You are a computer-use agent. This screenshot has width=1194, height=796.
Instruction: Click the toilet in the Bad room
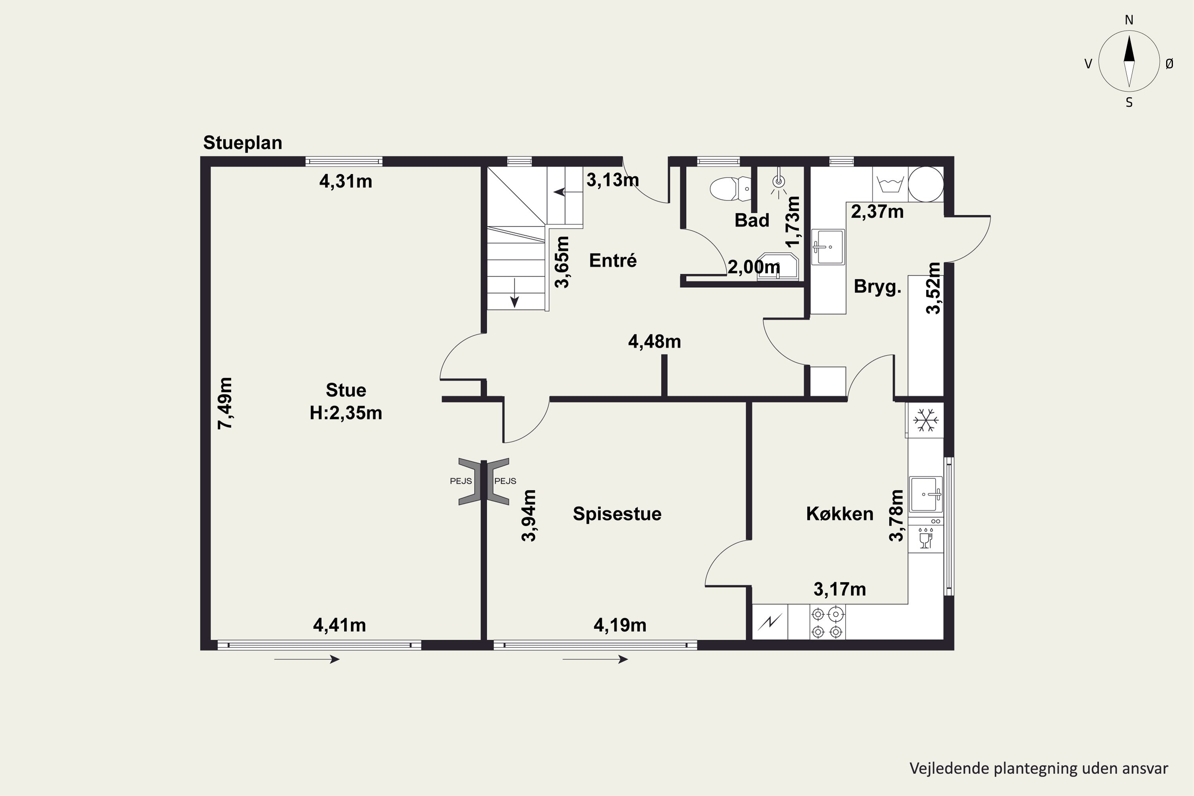coord(730,189)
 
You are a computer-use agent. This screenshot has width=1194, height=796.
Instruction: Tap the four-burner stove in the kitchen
coord(827,622)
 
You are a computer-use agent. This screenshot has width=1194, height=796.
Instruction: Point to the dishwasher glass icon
coord(926,538)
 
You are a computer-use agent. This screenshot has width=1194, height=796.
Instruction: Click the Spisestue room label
coord(617,514)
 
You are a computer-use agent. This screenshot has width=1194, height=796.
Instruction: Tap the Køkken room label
coord(840,514)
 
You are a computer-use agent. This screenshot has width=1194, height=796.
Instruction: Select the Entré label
coord(613,260)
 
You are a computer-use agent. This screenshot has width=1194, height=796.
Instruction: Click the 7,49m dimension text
coord(225,403)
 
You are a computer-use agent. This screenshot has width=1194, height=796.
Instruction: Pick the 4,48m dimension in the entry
coord(654,341)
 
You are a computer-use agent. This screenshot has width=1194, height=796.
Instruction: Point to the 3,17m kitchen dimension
coord(840,589)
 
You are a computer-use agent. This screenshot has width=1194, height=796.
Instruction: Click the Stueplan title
coord(243,142)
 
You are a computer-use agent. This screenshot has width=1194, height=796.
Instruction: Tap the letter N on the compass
coord(1129,20)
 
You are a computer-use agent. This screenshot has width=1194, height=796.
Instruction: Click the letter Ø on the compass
coord(1170,63)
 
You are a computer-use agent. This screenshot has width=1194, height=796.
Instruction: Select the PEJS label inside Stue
coord(461,481)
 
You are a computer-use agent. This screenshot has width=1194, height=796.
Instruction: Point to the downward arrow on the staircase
coord(514,293)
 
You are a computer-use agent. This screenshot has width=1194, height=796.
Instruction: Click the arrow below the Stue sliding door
coord(306,659)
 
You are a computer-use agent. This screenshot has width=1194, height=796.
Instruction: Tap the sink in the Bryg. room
coord(828,247)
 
